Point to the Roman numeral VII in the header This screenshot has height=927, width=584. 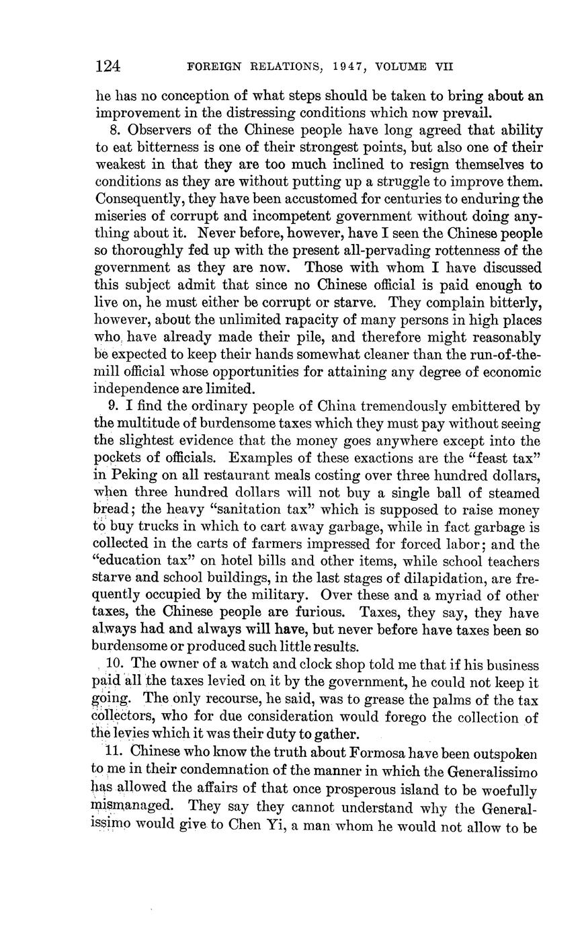442,67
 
